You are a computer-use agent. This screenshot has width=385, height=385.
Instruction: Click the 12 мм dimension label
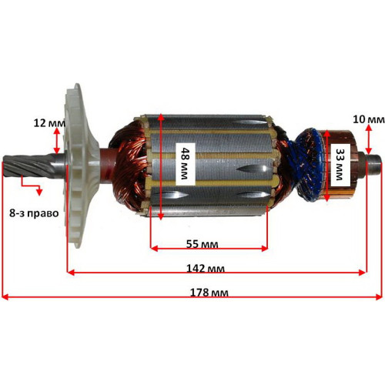[49, 123]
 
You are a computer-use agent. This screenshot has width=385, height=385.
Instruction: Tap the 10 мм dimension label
[369, 119]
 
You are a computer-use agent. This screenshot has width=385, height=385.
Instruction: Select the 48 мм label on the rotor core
[185, 163]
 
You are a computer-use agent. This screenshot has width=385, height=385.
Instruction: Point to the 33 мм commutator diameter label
[340, 165]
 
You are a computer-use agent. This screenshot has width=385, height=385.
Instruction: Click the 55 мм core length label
[203, 244]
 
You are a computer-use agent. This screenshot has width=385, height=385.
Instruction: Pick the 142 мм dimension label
[206, 269]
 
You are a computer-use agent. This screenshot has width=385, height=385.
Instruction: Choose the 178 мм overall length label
[209, 293]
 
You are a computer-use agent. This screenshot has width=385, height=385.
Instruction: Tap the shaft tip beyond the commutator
[374, 162]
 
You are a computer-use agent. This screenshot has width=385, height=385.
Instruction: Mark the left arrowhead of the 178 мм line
[5, 297]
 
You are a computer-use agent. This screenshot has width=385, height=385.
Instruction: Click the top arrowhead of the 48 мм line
[161, 117]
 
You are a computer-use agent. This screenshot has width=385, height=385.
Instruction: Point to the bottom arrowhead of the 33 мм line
[326, 198]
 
